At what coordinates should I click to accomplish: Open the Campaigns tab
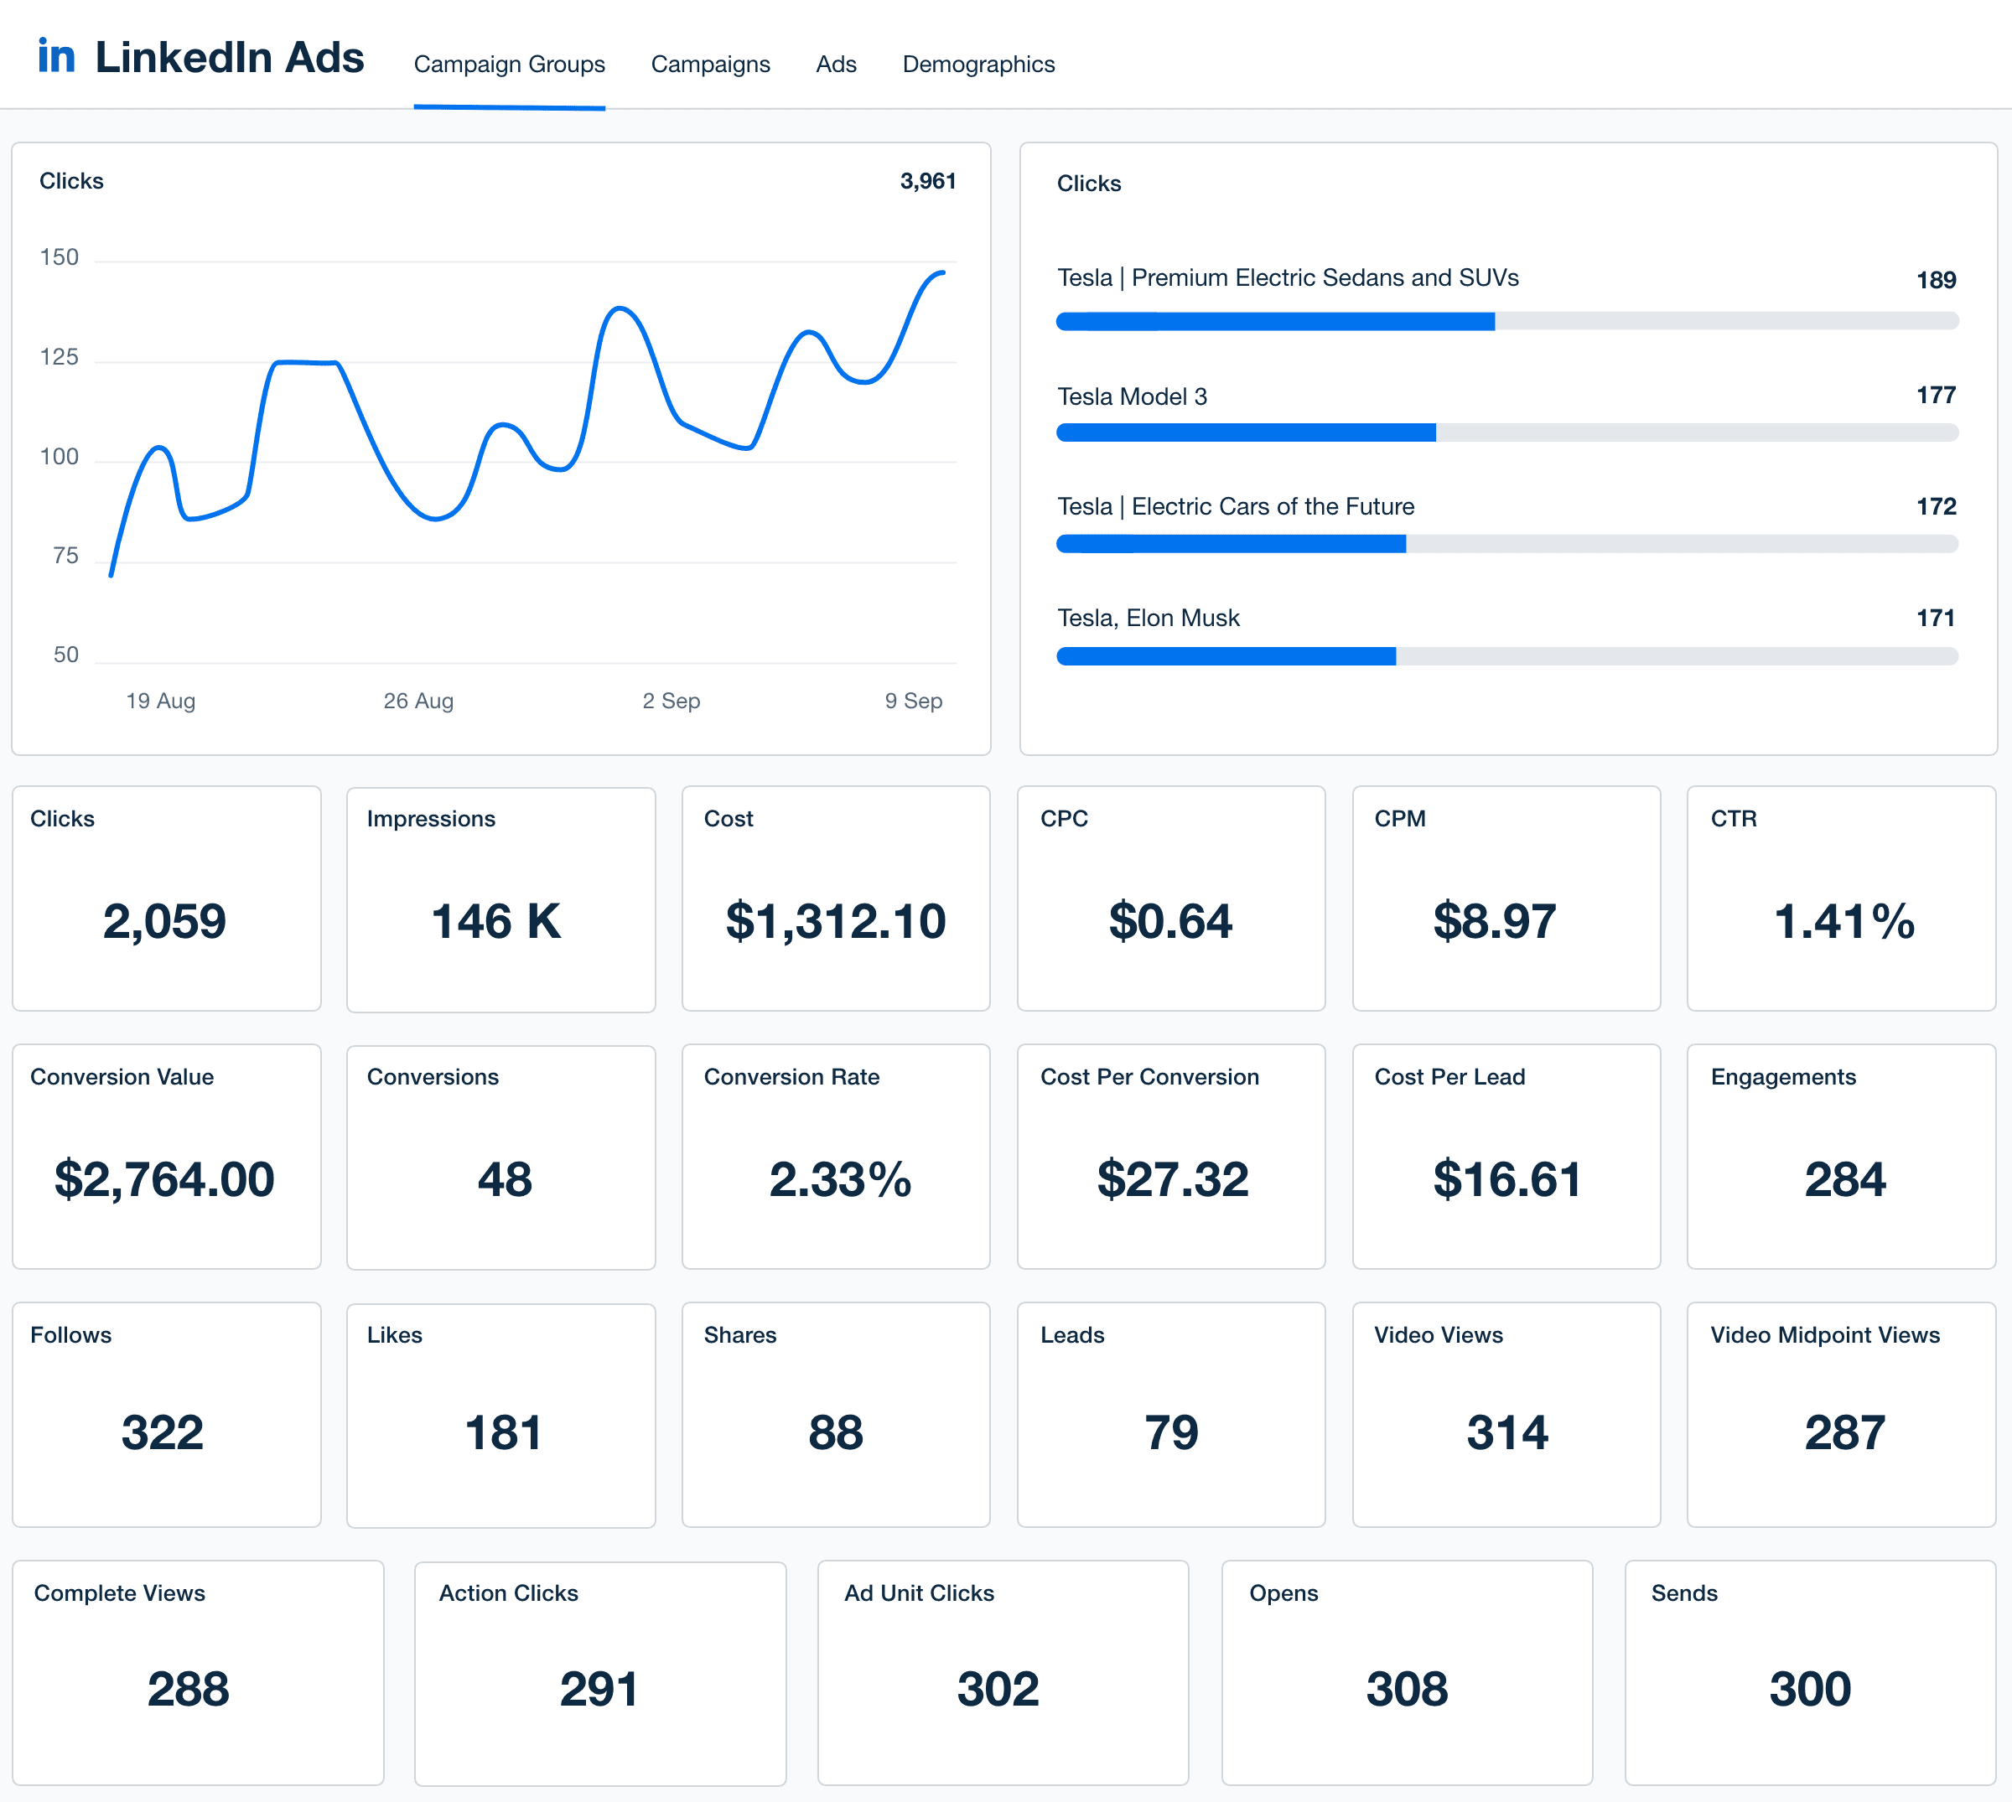pyautogui.click(x=710, y=65)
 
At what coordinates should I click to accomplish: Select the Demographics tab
pyautogui.click(x=978, y=65)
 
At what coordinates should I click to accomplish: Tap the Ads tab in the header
pyautogui.click(x=836, y=65)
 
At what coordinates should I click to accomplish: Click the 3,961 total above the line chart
pyautogui.click(x=928, y=181)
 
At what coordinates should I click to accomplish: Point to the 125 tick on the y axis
pyautogui.click(x=60, y=357)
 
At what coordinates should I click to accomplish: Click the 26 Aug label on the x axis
pyautogui.click(x=417, y=701)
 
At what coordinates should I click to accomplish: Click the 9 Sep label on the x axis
pyautogui.click(x=913, y=701)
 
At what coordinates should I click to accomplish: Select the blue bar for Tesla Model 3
pyautogui.click(x=1246, y=432)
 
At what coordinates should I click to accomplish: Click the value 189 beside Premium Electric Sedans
pyautogui.click(x=1936, y=280)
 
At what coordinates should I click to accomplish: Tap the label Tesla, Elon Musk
pyautogui.click(x=1148, y=618)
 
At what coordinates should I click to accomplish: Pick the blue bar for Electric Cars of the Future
pyautogui.click(x=1231, y=544)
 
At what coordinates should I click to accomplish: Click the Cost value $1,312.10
pyautogui.click(x=836, y=922)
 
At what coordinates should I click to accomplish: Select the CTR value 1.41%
pyautogui.click(x=1843, y=922)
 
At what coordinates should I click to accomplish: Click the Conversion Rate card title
pyautogui.click(x=791, y=1077)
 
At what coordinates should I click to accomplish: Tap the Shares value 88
pyautogui.click(x=836, y=1432)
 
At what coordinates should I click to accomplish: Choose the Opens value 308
pyautogui.click(x=1407, y=1689)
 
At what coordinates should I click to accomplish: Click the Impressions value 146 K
pyautogui.click(x=496, y=922)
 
